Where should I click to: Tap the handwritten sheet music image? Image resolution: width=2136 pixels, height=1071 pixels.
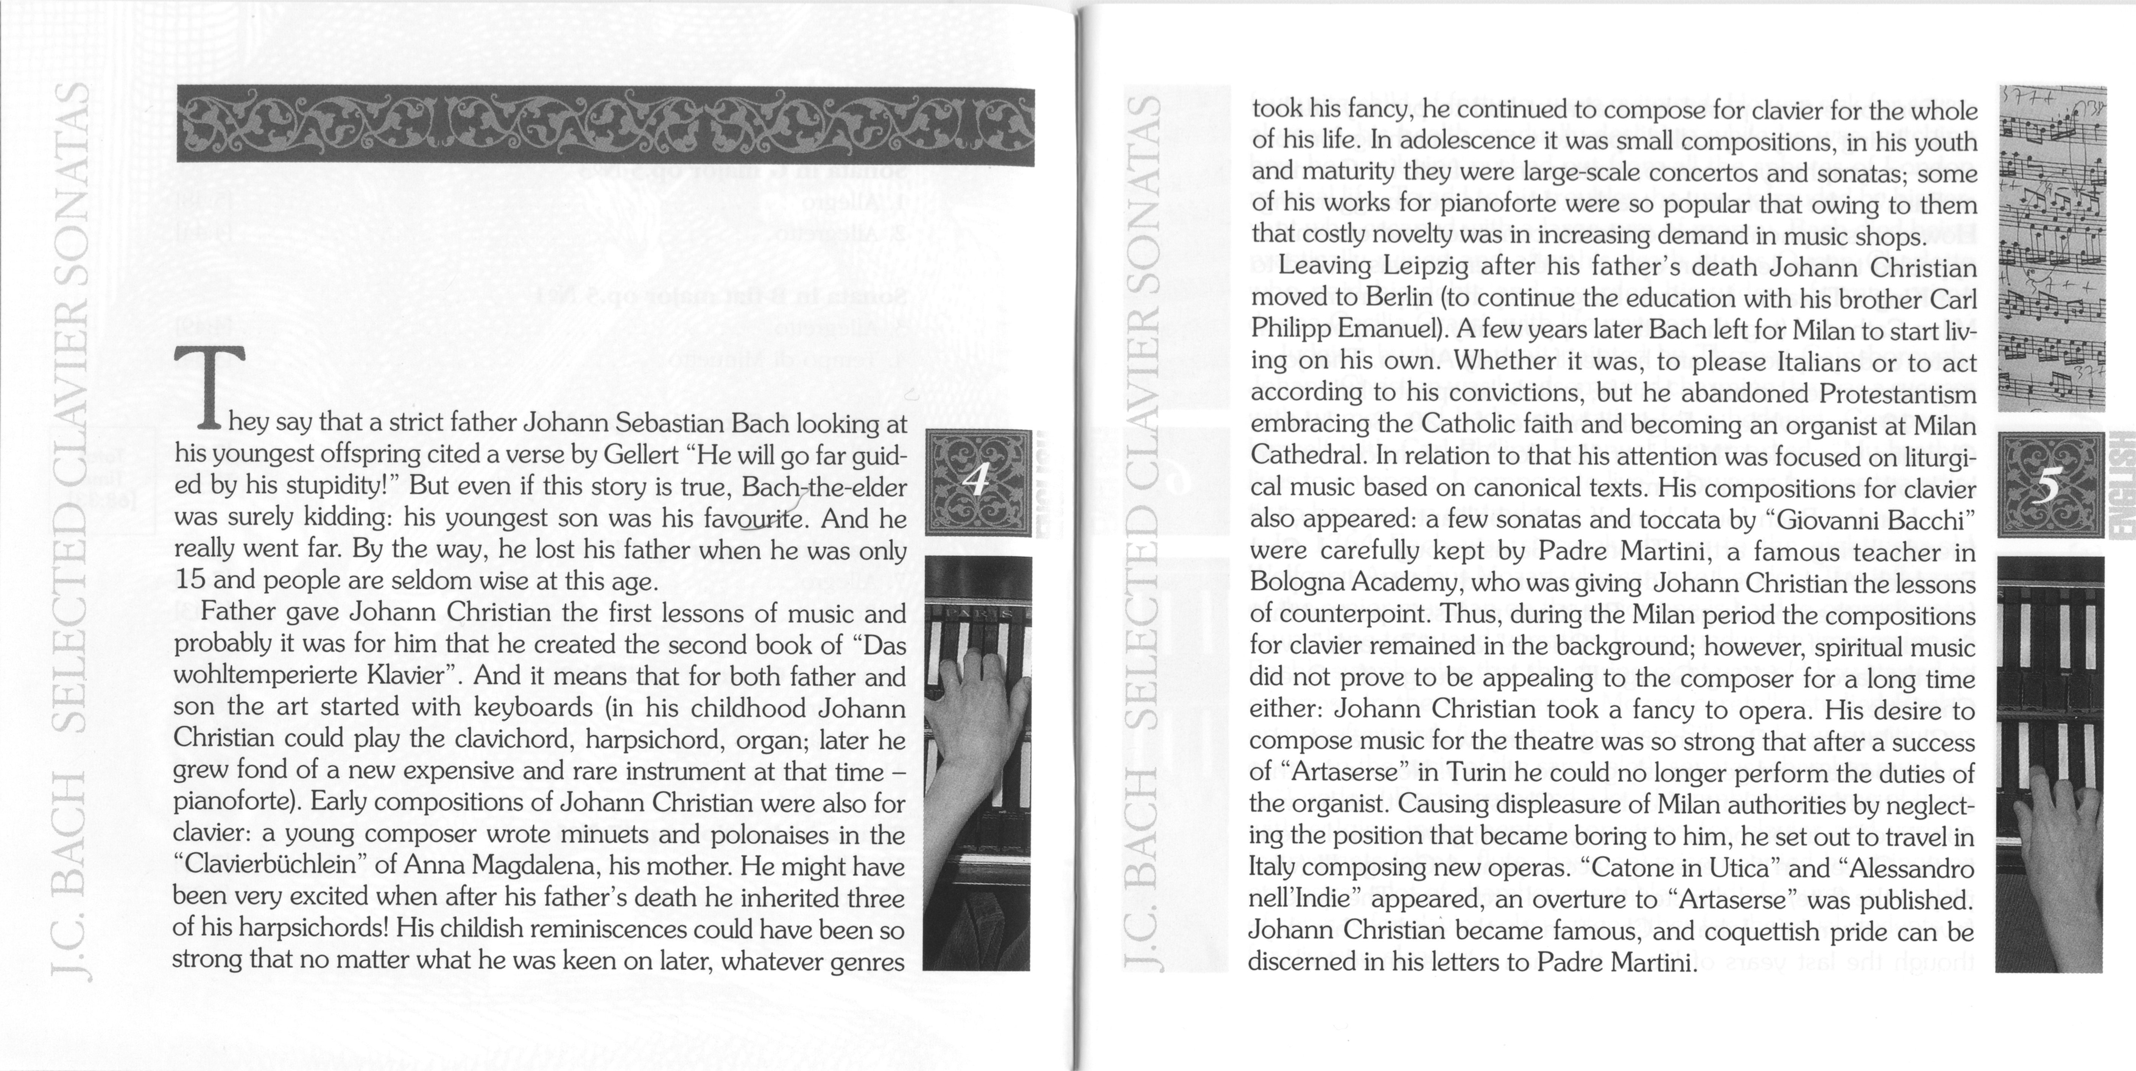coord(2052,249)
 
